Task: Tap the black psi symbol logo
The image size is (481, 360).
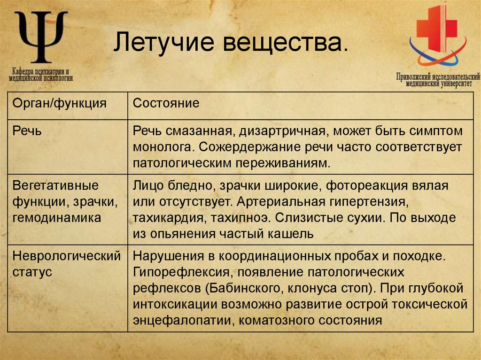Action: [42, 37]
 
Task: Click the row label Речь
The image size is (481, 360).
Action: [26, 130]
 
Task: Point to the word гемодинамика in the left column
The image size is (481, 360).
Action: [56, 217]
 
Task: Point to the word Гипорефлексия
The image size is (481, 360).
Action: [179, 272]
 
